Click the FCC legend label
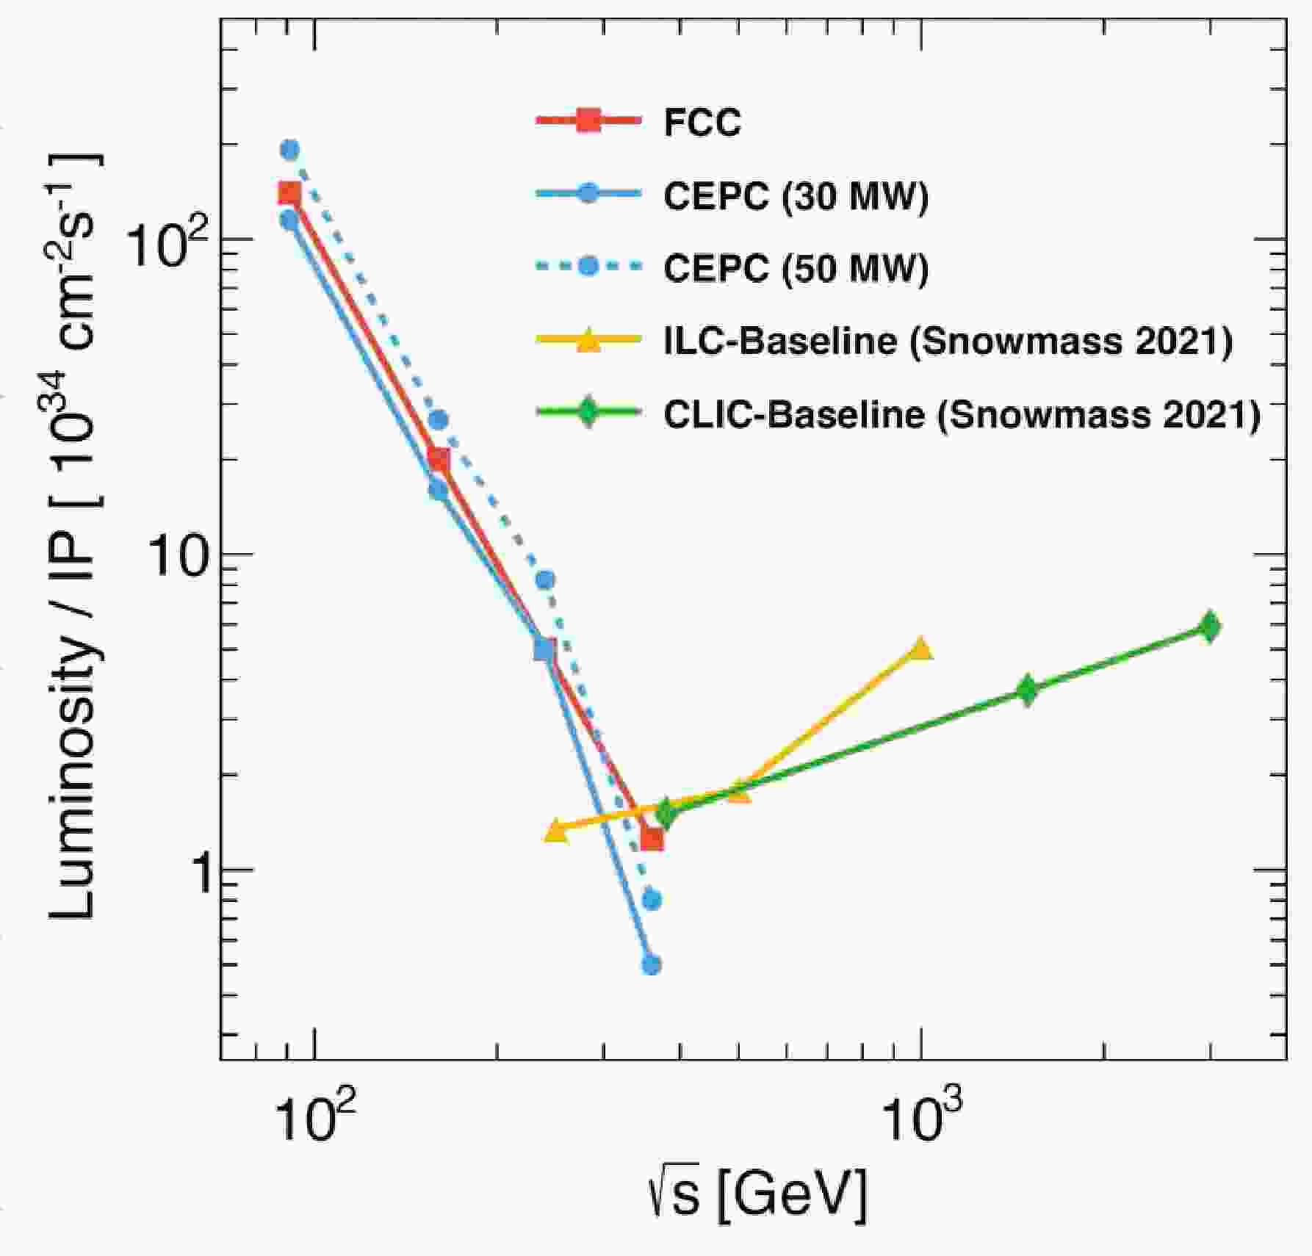(702, 123)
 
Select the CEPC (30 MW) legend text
(796, 196)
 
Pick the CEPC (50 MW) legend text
(796, 268)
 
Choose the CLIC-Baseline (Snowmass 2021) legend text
(962, 414)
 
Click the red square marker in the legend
(588, 121)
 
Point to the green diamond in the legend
(588, 413)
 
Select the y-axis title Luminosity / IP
(73, 536)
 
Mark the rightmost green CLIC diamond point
(1209, 627)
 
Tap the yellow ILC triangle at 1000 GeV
(920, 649)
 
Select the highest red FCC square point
(290, 193)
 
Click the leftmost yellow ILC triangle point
(556, 831)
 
